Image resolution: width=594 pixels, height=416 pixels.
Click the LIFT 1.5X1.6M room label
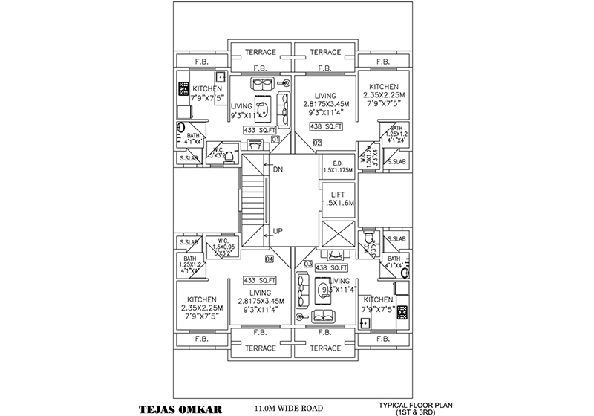pyautogui.click(x=337, y=198)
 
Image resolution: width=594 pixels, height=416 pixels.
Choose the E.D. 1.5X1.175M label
pyautogui.click(x=337, y=166)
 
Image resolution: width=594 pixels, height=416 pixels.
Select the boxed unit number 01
pyautogui.click(x=275, y=139)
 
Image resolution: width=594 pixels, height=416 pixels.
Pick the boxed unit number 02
pyautogui.click(x=317, y=142)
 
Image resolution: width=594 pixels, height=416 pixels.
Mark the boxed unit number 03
pyautogui.click(x=307, y=262)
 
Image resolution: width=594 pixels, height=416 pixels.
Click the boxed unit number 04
pyautogui.click(x=269, y=259)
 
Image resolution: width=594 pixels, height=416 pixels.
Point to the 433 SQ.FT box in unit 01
pyautogui.click(x=259, y=129)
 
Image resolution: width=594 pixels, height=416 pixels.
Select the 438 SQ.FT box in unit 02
pyautogui.click(x=325, y=126)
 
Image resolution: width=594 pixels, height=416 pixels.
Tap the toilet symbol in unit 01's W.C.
pyautogui.click(x=229, y=157)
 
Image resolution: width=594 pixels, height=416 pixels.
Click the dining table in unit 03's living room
pyautogui.click(x=325, y=291)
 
